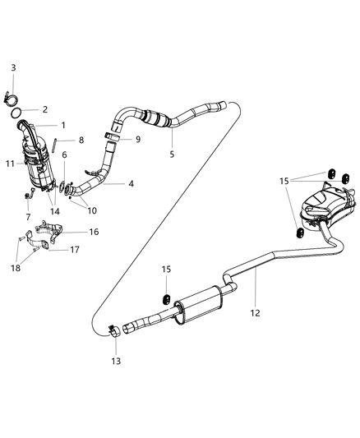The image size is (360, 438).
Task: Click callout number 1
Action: point(62,125)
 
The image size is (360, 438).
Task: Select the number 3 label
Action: point(12,67)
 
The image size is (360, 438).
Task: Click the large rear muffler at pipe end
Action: point(324,212)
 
